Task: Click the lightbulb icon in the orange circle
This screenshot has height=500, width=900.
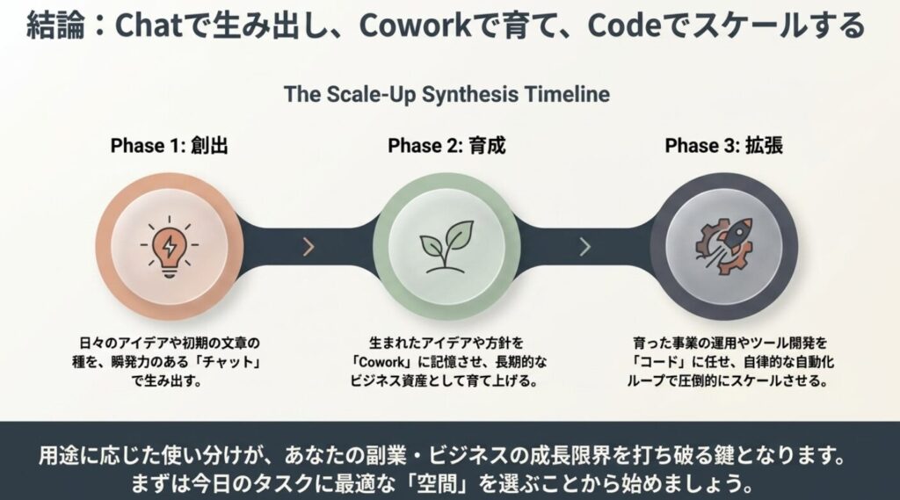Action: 170,247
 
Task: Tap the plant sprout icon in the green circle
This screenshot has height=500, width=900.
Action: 446,247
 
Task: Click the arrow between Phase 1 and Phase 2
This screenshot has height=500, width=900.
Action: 308,247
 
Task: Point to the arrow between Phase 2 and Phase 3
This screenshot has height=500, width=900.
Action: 584,247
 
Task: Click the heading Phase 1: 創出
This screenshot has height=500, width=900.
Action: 170,146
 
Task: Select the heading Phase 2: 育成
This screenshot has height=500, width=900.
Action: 446,146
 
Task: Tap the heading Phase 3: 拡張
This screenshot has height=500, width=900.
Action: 724,146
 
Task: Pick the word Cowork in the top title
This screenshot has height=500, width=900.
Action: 416,25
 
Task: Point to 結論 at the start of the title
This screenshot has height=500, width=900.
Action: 55,25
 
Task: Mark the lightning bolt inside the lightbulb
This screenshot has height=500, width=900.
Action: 170,246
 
